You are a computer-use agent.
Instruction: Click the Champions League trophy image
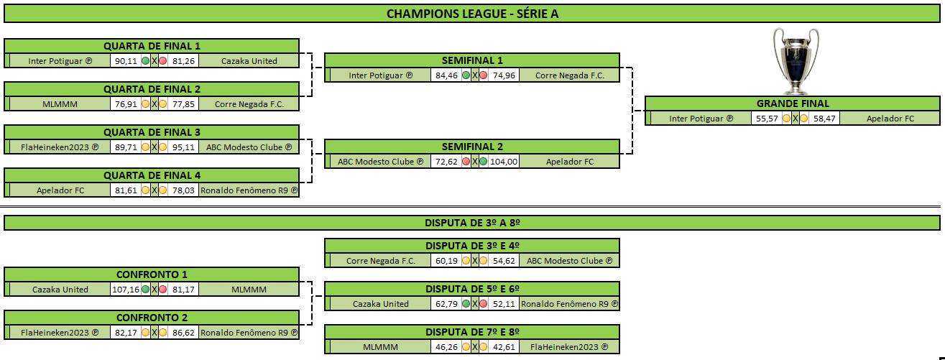(x=796, y=61)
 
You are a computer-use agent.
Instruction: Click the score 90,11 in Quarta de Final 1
(x=126, y=61)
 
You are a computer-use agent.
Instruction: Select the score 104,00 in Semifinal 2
(x=504, y=162)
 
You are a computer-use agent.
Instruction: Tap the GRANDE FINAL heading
(x=793, y=103)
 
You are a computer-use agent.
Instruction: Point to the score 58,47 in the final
(x=824, y=119)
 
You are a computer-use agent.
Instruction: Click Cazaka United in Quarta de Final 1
(x=249, y=61)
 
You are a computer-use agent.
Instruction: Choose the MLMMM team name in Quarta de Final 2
(x=60, y=104)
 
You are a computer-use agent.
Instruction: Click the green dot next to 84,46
(x=466, y=75)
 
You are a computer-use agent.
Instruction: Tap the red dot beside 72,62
(x=466, y=162)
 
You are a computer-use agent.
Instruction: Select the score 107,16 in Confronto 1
(x=126, y=290)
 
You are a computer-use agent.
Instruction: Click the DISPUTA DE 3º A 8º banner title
(x=472, y=223)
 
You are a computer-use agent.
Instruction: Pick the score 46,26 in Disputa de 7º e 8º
(x=446, y=347)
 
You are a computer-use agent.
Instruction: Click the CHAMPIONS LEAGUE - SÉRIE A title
(x=473, y=14)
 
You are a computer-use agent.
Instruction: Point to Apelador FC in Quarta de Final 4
(x=60, y=190)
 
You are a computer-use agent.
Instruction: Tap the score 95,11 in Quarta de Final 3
(x=183, y=147)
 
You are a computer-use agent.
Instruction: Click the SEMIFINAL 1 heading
(x=472, y=60)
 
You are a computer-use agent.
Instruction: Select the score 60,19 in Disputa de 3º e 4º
(x=446, y=261)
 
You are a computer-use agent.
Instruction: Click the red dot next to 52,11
(x=484, y=304)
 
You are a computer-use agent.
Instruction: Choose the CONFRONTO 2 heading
(x=152, y=318)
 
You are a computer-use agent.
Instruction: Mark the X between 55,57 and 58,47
(x=796, y=119)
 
